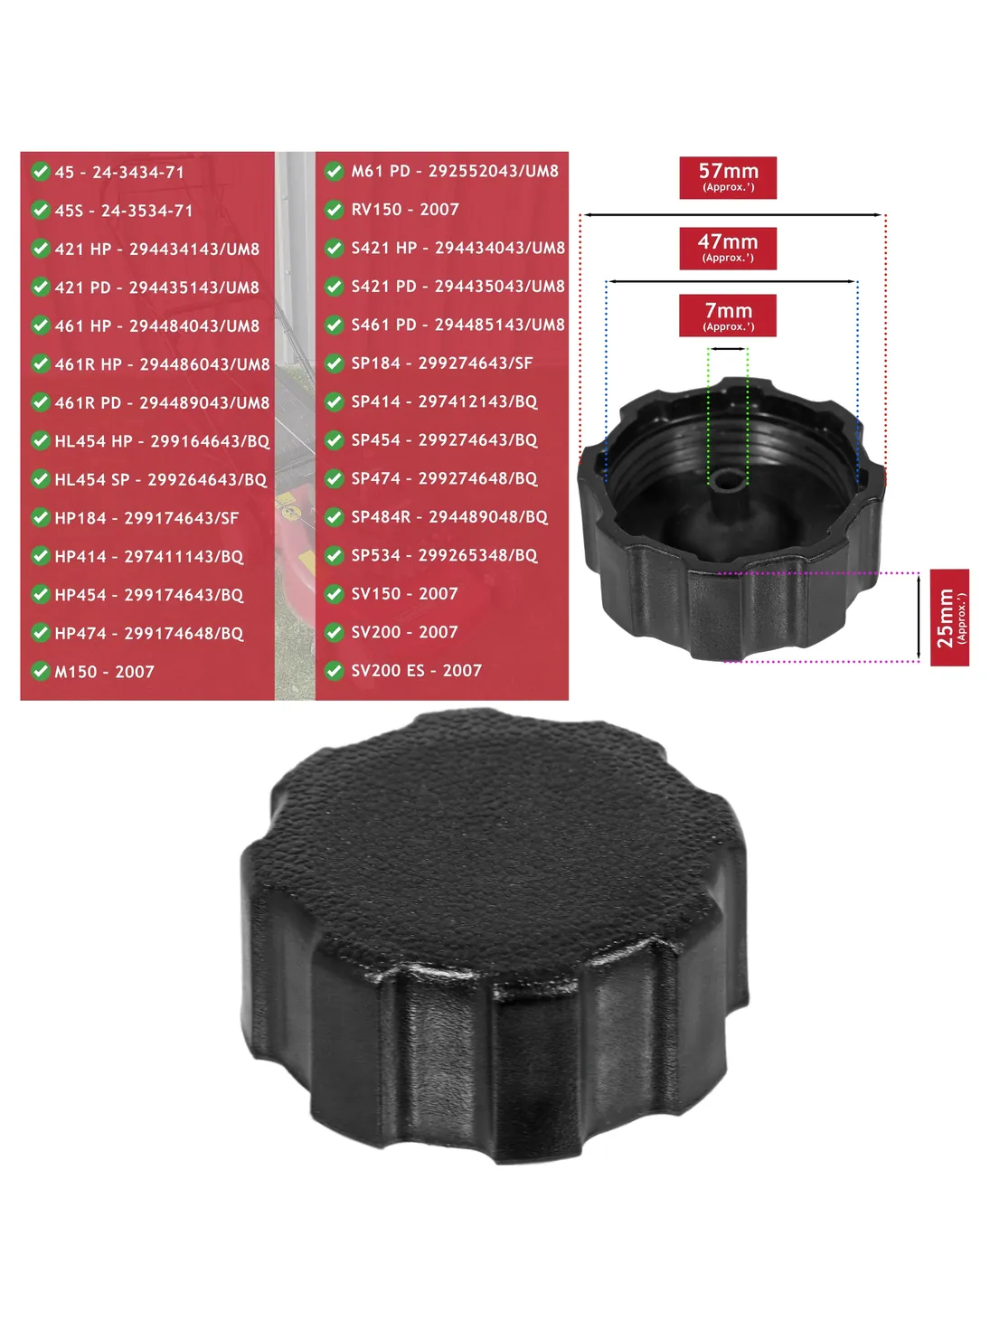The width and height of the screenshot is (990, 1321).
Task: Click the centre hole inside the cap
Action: pyautogui.click(x=728, y=481)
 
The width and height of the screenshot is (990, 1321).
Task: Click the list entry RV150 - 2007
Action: pyautogui.click(x=405, y=210)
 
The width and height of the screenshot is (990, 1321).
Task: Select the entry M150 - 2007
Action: pyautogui.click(x=104, y=672)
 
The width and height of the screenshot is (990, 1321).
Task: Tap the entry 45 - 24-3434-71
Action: pyautogui.click(x=119, y=172)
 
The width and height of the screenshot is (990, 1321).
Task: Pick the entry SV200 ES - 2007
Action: pyautogui.click(x=417, y=670)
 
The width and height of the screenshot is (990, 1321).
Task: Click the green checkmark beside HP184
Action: pyautogui.click(x=41, y=517)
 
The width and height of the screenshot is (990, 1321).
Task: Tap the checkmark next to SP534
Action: pyautogui.click(x=334, y=555)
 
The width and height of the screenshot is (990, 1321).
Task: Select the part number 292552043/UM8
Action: pyautogui.click(x=494, y=171)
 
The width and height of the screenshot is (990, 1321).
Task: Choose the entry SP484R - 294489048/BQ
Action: pyautogui.click(x=449, y=516)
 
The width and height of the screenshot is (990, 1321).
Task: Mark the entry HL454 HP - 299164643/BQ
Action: pyautogui.click(x=162, y=441)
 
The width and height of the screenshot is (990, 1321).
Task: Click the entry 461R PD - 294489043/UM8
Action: pyautogui.click(x=162, y=402)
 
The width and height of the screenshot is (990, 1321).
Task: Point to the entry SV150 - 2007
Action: pyautogui.click(x=404, y=593)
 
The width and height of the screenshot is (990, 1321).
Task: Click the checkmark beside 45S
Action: pyautogui.click(x=41, y=210)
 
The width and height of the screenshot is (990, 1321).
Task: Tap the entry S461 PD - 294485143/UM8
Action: pyautogui.click(x=458, y=325)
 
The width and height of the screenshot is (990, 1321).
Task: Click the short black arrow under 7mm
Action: pyautogui.click(x=728, y=349)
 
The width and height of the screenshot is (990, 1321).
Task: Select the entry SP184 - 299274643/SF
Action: pyautogui.click(x=442, y=363)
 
